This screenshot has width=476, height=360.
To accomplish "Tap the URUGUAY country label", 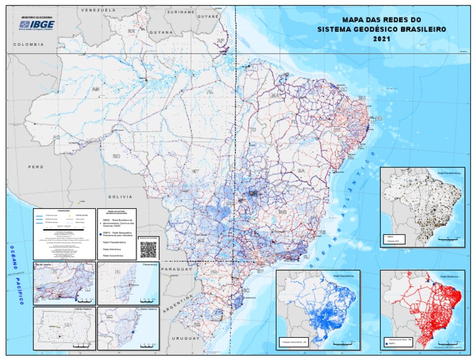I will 185,338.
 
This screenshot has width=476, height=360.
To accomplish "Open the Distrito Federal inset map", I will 64,326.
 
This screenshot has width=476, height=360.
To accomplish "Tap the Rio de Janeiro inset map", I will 64,283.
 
